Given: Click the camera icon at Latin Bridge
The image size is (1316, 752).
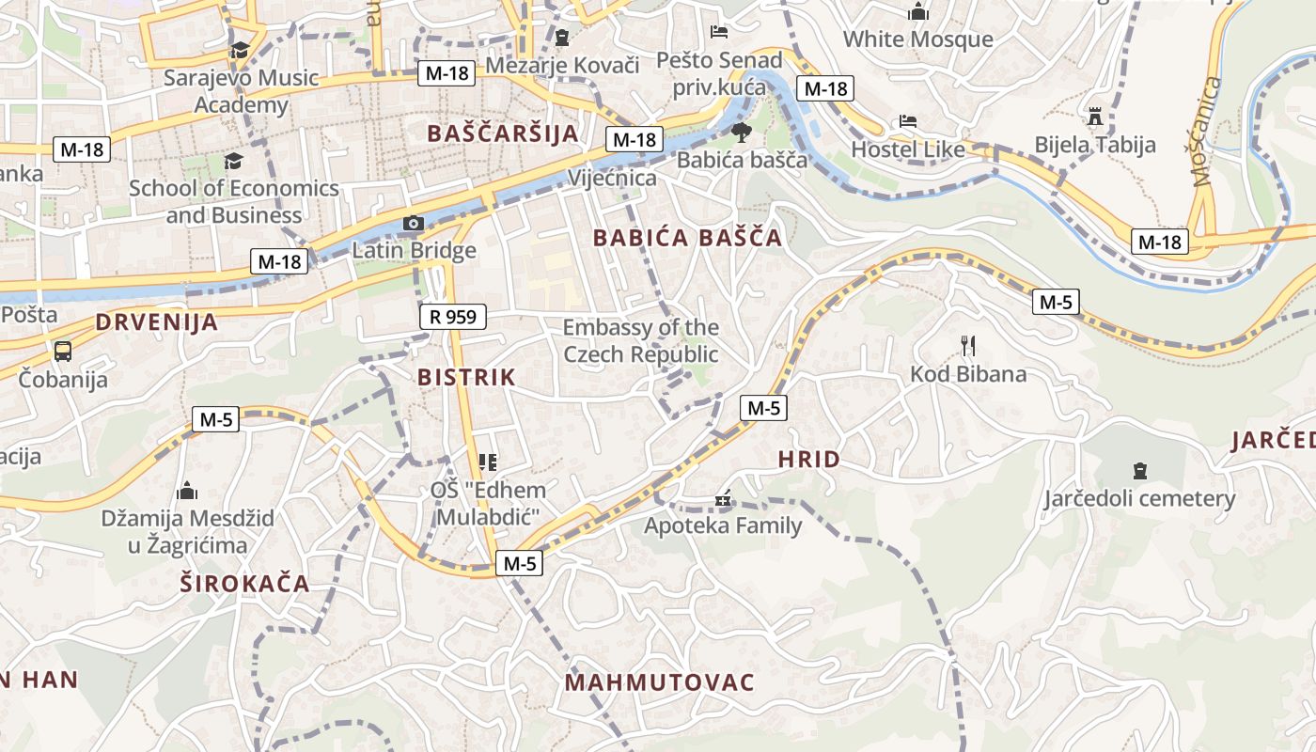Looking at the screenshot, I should click(413, 224).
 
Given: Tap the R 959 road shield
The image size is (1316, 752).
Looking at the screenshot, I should click(453, 317).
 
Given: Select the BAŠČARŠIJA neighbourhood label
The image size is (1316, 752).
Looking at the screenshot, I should click(503, 133).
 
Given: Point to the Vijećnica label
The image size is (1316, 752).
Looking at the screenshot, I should click(612, 179).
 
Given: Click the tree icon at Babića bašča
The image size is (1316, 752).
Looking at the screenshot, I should click(742, 132).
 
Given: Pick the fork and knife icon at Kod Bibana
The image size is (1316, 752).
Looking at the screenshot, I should click(969, 345).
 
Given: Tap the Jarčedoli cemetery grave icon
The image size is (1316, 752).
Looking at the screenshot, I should click(1140, 470).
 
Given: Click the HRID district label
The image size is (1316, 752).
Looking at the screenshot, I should click(809, 460).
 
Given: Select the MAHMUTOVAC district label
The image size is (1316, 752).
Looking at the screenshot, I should click(660, 682).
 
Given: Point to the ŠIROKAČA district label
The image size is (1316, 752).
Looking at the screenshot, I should click(244, 583).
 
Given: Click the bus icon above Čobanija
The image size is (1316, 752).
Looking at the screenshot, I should click(63, 352).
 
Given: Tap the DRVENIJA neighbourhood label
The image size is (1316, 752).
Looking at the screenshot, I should click(156, 322).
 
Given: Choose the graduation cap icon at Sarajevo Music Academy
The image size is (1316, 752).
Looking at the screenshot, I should click(241, 50).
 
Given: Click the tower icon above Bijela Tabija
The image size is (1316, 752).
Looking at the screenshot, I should click(1094, 117).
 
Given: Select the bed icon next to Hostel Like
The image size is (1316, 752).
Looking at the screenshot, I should click(908, 121).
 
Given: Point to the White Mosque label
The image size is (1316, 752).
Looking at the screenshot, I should click(917, 39).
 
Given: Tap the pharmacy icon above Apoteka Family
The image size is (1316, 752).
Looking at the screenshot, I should click(723, 498).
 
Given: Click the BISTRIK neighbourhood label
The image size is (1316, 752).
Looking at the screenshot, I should click(466, 378).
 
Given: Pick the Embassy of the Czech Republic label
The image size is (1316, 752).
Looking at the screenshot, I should click(641, 341).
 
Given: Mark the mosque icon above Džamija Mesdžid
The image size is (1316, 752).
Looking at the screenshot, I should click(187, 491).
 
